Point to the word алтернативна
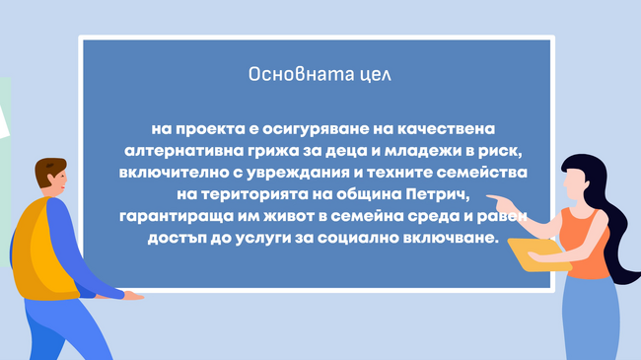pos(176,152)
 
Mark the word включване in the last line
pos(458,238)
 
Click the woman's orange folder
pos(538,254)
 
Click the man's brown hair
pos(49,173)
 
